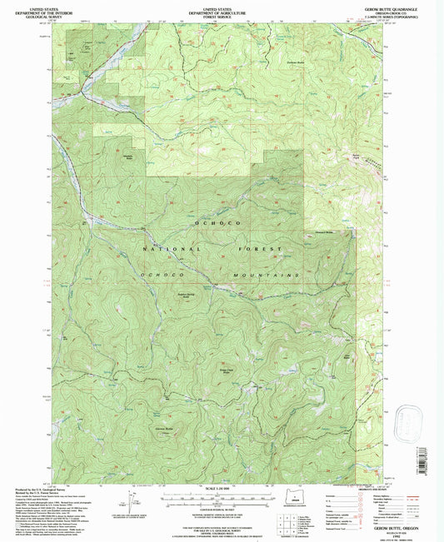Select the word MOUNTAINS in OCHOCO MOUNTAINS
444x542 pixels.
pyautogui.click(x=269, y=274)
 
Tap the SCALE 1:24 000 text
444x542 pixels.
pyautogui.click(x=221, y=489)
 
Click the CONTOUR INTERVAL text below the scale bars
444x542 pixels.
pyautogui.click(x=221, y=505)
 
